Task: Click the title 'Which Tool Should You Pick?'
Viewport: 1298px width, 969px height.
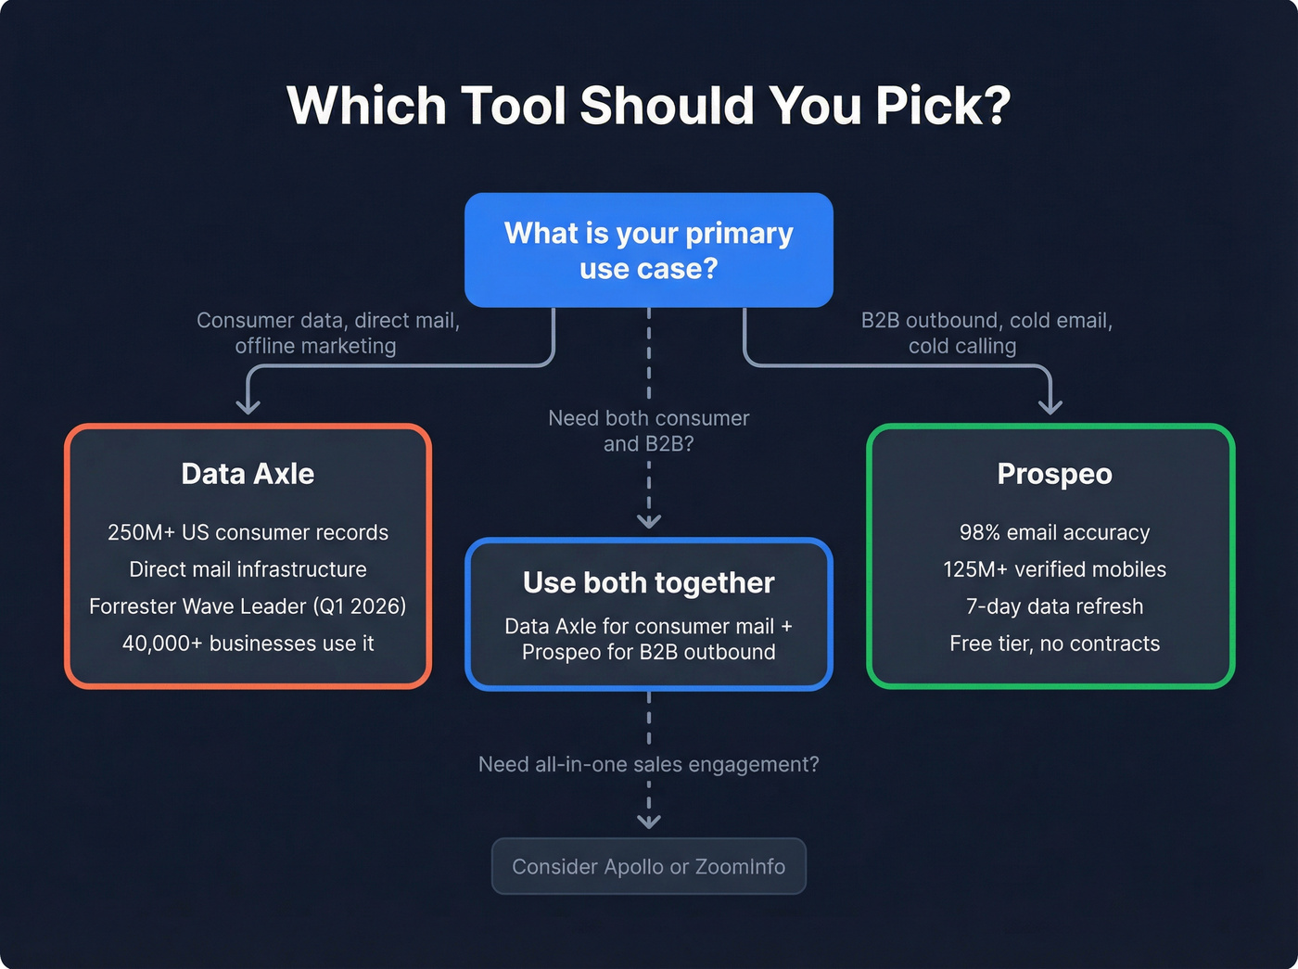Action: click(x=648, y=106)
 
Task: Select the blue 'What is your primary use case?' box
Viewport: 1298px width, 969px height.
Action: click(x=648, y=250)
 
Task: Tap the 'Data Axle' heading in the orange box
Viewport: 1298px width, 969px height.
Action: click(x=248, y=474)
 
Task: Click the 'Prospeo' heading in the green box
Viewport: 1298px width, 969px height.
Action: click(x=1054, y=474)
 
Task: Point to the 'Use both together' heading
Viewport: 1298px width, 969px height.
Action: click(x=648, y=582)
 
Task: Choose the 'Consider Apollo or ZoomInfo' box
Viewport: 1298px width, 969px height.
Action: click(x=648, y=866)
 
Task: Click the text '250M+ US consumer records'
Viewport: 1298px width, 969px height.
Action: click(x=248, y=532)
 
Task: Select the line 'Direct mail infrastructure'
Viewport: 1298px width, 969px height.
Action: click(x=248, y=569)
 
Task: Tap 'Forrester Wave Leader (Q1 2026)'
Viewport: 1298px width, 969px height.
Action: click(x=248, y=606)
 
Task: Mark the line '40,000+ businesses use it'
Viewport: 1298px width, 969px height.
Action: click(x=248, y=644)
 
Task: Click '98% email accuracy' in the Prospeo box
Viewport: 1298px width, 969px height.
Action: click(x=1054, y=532)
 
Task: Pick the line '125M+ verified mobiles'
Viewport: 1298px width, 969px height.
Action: click(x=1054, y=569)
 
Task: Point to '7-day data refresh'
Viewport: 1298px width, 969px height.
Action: click(x=1054, y=606)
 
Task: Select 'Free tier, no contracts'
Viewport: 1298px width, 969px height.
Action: click(x=1054, y=644)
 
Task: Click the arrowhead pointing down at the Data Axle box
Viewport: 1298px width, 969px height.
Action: click(x=248, y=406)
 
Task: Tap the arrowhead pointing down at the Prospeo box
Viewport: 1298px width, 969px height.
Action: click(x=1050, y=406)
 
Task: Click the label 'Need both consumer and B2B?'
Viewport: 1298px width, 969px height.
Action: click(x=648, y=431)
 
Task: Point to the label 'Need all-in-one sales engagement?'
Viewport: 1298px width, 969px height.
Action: click(x=648, y=764)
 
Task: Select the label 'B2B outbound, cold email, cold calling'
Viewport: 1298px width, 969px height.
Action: click(x=986, y=333)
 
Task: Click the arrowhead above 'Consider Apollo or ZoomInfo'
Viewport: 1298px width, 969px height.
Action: click(x=648, y=821)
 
